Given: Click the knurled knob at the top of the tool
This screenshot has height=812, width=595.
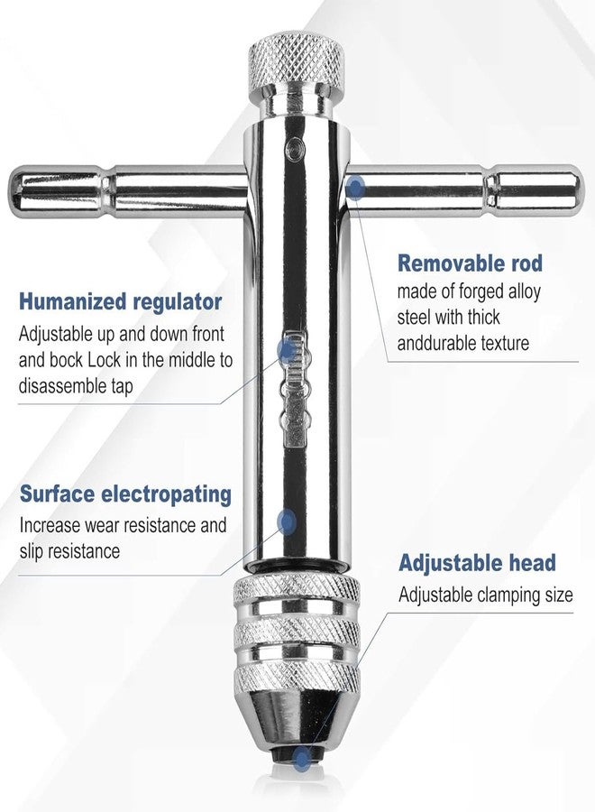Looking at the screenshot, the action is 297,66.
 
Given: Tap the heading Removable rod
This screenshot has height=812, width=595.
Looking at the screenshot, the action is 470,263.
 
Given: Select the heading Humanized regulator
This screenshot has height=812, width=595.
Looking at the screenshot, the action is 121,302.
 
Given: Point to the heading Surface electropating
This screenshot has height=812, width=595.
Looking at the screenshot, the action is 125,494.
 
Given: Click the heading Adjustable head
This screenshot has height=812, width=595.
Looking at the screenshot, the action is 477,563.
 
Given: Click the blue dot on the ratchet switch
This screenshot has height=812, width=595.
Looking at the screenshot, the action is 287,349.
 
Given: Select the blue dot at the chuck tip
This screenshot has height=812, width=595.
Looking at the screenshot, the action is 300,759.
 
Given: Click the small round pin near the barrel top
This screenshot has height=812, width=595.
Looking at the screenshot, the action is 293,149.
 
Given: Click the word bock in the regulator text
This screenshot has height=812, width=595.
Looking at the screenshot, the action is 66,360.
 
